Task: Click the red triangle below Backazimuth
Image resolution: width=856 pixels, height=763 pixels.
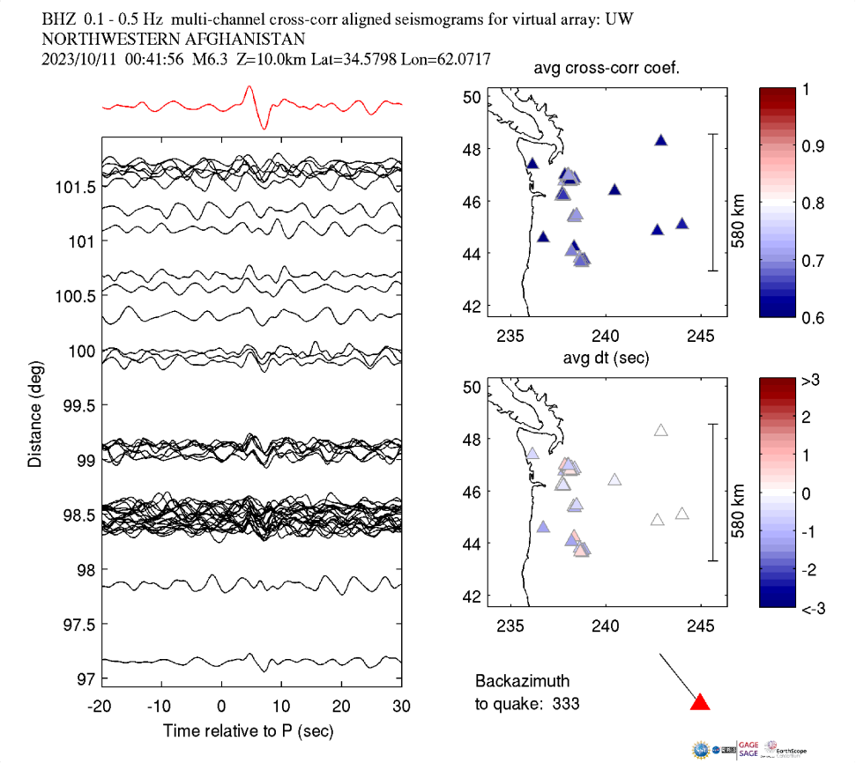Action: (700, 702)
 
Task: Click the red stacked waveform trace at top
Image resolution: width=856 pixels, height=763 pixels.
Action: (252, 107)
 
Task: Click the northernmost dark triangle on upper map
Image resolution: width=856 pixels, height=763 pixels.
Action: (661, 140)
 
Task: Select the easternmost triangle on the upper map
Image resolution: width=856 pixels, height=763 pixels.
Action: (681, 224)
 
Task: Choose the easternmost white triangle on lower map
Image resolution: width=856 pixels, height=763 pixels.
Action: (681, 514)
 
